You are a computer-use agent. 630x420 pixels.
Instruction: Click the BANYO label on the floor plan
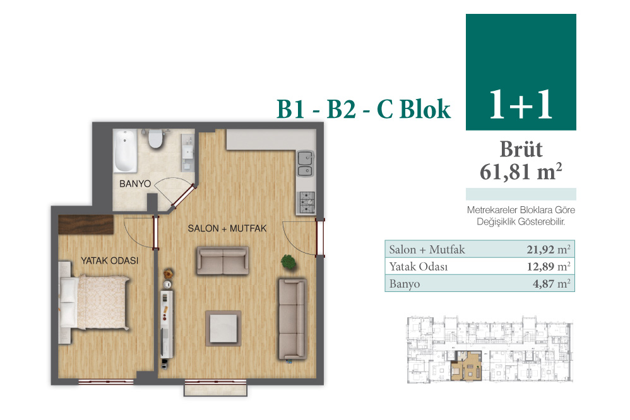135,184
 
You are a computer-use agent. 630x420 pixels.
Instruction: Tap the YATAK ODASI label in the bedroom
110,260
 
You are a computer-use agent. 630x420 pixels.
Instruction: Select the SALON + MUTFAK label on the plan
227,228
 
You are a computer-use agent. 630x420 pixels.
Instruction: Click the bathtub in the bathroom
125,151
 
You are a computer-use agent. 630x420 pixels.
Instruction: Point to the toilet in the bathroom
155,138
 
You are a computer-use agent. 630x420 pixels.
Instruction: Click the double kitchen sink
306,164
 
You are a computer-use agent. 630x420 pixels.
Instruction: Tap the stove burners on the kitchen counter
306,202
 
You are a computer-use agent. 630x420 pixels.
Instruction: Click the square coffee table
223,328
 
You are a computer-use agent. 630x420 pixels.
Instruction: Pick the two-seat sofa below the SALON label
223,260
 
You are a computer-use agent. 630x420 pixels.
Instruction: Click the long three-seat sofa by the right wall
292,319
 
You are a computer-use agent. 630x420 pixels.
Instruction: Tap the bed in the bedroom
95,302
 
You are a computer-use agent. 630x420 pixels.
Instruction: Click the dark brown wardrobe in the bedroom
86,225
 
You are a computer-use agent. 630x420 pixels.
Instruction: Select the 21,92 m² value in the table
549,249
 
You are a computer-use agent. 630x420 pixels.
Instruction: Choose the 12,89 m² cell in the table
549,266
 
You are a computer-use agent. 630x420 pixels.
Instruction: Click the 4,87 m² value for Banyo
552,284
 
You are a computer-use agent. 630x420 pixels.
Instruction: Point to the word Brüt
521,149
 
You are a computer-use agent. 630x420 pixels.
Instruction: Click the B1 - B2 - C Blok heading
364,109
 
